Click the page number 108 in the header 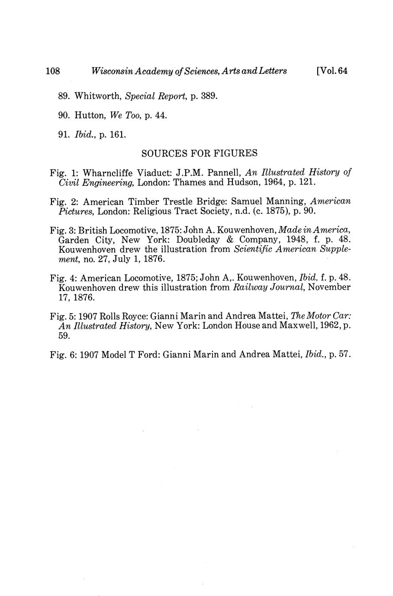coord(53,71)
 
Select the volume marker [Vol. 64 coord(332,71)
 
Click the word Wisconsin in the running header coord(109,71)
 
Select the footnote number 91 coord(63,135)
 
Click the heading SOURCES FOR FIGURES coord(200,153)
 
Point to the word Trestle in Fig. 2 coord(187,201)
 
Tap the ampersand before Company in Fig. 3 coord(236,240)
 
